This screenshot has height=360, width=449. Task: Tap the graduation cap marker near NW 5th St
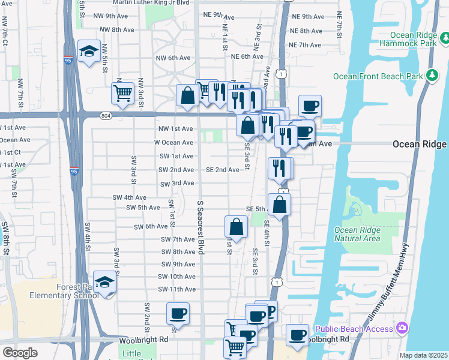(89, 52)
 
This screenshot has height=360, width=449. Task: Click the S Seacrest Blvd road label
(201, 227)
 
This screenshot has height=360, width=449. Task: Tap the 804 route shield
(105, 116)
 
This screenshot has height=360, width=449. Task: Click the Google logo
(20, 352)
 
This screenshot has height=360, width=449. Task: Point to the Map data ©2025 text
(423, 355)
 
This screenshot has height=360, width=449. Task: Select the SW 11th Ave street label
(176, 289)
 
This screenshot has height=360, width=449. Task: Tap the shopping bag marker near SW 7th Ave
(236, 227)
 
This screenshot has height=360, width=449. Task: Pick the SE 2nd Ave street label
(223, 170)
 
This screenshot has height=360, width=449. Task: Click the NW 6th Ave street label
(173, 58)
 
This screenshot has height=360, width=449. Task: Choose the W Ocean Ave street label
(173, 143)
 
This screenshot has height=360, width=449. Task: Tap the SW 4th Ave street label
(129, 197)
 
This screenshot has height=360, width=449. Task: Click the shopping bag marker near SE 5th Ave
(280, 204)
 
